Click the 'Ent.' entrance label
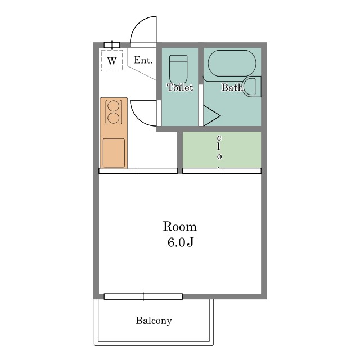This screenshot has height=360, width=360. [x=143, y=60]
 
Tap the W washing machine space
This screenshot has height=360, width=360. [x=112, y=61]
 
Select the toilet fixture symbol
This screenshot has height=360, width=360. [x=178, y=70]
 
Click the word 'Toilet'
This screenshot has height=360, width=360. [x=180, y=88]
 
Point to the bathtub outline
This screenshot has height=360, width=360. [x=232, y=64]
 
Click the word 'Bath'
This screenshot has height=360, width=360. [x=232, y=87]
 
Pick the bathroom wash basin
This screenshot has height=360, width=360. [x=252, y=87]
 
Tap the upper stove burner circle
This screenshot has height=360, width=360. [x=114, y=106]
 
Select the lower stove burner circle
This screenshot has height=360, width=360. [x=114, y=118]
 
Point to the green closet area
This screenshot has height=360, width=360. [x=222, y=150]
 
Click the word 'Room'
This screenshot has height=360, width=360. [x=180, y=226]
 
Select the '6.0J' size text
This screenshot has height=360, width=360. [x=181, y=242]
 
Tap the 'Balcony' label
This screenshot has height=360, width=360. [x=154, y=321]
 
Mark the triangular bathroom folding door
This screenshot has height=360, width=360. [x=211, y=116]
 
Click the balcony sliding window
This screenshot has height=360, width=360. [x=143, y=296]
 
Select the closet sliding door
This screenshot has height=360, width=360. [x=222, y=171]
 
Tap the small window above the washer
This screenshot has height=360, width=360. [x=112, y=45]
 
